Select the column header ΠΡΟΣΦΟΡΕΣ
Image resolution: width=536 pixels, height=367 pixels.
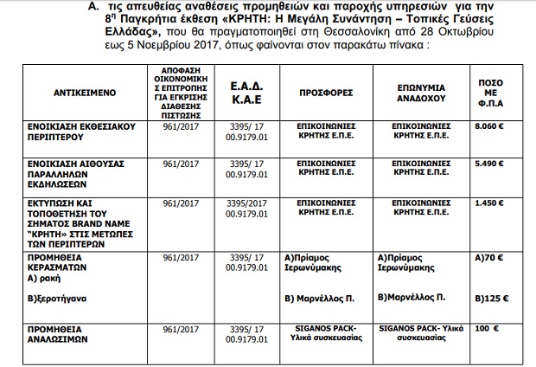(325, 90)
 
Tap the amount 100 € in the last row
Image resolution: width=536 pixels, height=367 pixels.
(487, 330)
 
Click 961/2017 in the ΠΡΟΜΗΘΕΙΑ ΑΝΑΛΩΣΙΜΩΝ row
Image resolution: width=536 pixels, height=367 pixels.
(181, 330)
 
